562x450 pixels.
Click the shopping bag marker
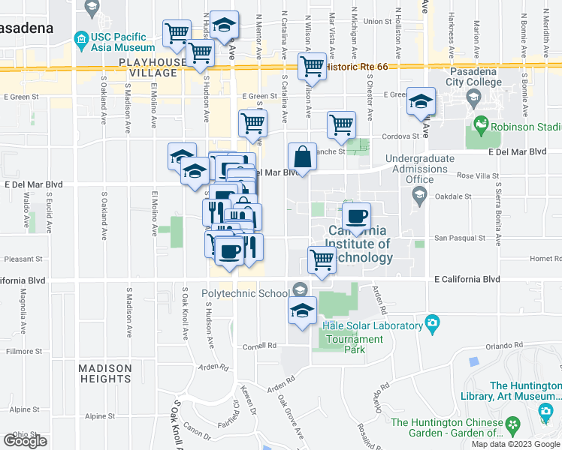301,157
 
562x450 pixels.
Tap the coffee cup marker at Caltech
356,217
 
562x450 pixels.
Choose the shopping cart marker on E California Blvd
322,260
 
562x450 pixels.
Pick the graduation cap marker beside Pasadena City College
421,101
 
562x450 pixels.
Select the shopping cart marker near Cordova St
341,125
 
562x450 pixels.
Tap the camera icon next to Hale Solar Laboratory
431,323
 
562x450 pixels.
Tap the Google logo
25,440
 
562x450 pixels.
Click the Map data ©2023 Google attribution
515,444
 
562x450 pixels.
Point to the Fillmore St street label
17,350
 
